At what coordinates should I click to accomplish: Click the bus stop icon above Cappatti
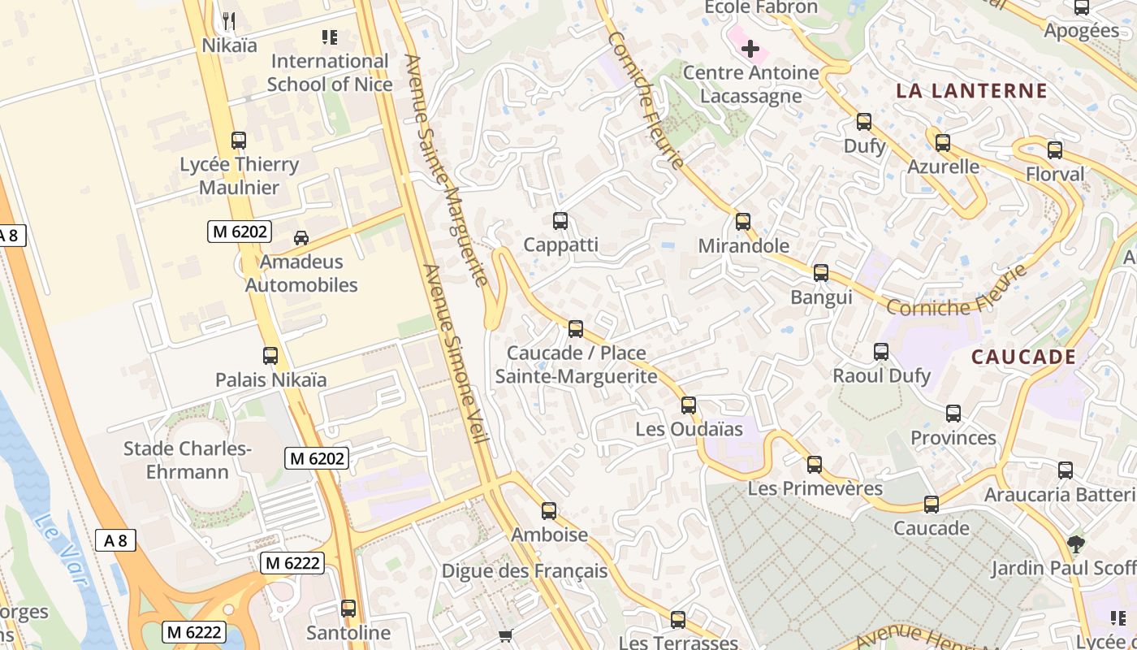(560, 221)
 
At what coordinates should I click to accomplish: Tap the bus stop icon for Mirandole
(742, 222)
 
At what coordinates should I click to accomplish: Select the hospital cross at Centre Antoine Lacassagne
(750, 49)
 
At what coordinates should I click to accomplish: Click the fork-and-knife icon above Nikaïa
(229, 20)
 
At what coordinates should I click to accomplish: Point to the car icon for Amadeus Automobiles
(301, 238)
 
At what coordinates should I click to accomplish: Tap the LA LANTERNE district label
(971, 91)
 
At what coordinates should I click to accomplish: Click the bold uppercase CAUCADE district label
(1023, 357)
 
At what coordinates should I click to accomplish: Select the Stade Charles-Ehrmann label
(188, 460)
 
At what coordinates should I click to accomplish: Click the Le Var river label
(61, 548)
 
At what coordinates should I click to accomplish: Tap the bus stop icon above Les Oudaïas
(689, 405)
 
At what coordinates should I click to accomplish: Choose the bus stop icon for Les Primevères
(814, 465)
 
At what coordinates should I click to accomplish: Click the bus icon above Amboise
(549, 511)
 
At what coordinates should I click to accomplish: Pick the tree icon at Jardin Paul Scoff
(1076, 544)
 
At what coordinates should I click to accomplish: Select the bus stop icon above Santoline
(348, 609)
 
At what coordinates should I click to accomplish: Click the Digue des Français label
(524, 571)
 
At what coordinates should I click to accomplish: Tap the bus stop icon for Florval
(1054, 150)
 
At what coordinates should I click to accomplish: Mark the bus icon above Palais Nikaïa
(270, 356)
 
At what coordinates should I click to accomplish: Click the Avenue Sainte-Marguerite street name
(446, 170)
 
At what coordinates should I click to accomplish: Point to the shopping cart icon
(506, 636)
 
